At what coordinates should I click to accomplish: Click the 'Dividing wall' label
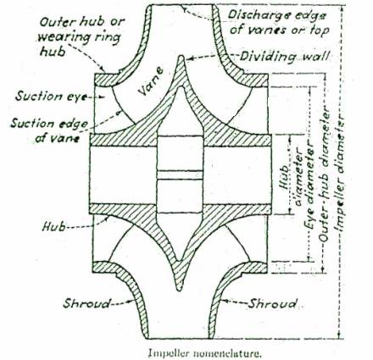click(284, 57)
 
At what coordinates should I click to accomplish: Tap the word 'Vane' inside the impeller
click(151, 81)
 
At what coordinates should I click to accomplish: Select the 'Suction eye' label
click(51, 96)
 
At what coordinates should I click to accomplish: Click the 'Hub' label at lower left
click(53, 226)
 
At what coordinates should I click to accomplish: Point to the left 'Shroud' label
click(86, 303)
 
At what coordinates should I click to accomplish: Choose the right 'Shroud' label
click(272, 303)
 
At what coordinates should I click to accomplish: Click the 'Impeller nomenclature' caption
click(203, 353)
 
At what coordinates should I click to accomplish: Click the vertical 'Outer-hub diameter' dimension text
click(325, 174)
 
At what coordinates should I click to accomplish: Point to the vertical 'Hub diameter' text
click(290, 185)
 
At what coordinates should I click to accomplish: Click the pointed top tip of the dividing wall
click(181, 56)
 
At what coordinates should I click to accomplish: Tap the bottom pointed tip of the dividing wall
click(179, 290)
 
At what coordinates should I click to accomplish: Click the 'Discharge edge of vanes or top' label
click(277, 22)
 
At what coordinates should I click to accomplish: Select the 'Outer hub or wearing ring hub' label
click(81, 36)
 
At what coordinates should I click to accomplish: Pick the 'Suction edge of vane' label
click(48, 130)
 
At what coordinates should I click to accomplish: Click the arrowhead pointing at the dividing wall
click(187, 58)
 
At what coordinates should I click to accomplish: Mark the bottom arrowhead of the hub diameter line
click(289, 211)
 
